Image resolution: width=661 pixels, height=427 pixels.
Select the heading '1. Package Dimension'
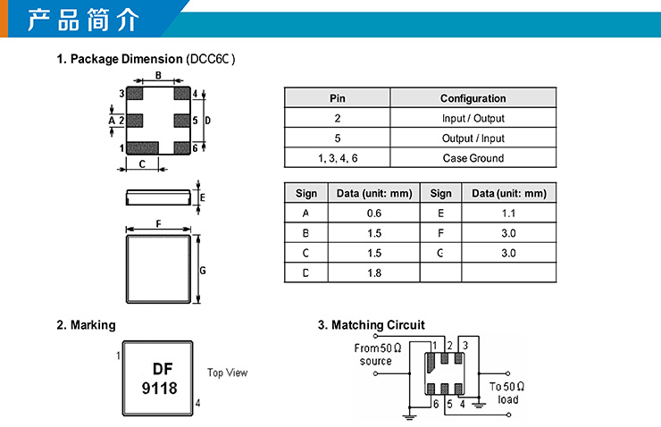coord(120,59)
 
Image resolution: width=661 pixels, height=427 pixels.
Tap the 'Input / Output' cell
coord(473,118)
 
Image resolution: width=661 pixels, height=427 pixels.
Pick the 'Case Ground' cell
coord(473,158)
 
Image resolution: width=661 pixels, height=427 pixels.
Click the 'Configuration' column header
coord(473,98)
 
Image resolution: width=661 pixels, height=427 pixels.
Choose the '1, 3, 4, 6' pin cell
coord(337,158)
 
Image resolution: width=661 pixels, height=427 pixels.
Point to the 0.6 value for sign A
coord(373,213)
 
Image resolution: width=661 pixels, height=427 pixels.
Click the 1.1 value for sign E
coord(508,213)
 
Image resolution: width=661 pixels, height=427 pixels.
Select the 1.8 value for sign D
coord(373,272)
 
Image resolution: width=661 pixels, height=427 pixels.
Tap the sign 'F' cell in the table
coord(440,233)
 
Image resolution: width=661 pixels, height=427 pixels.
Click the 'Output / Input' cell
coord(473,138)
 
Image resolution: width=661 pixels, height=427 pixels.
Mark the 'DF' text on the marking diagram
coord(162,368)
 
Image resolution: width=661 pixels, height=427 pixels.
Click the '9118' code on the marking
coord(160,389)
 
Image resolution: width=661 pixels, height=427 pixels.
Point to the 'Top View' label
coord(227,373)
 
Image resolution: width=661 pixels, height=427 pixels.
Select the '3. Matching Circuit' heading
coord(371,325)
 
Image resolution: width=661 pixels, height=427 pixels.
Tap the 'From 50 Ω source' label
coord(377,355)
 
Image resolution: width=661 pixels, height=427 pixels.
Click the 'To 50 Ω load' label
coord(506,393)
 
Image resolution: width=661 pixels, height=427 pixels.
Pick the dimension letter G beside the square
coord(204,269)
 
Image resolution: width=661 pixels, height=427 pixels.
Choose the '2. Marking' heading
coord(86,325)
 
